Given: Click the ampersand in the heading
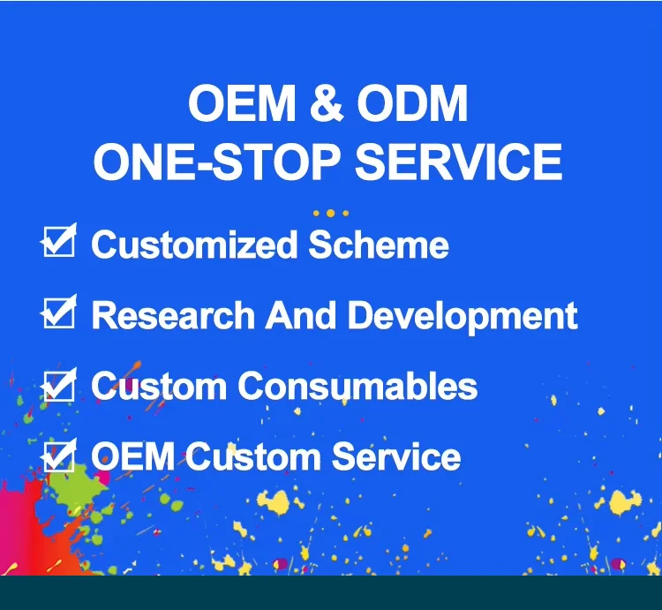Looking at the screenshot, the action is (x=327, y=102).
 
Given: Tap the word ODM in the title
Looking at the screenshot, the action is (x=412, y=102).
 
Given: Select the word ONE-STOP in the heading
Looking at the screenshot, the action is (x=216, y=162).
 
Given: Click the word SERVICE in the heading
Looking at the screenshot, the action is (x=458, y=162).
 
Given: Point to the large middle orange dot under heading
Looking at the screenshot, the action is (x=331, y=213).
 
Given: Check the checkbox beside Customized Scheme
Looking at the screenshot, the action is (x=59, y=241).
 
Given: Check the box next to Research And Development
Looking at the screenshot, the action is (x=59, y=312).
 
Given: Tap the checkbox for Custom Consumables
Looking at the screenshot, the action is (x=59, y=384).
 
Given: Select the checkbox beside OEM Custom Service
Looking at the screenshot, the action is (x=59, y=455).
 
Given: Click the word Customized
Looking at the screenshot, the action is (x=194, y=245).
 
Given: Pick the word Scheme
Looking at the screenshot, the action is (x=379, y=245).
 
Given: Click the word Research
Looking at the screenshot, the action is (x=173, y=315).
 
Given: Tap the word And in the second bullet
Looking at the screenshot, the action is (x=301, y=315).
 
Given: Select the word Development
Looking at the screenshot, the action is (x=463, y=318).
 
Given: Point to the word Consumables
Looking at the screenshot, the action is (x=357, y=386).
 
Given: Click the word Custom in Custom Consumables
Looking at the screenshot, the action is (x=159, y=386).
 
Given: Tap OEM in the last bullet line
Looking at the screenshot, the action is (x=133, y=456).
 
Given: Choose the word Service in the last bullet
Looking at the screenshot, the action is (x=396, y=456).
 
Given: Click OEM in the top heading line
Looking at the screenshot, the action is (x=242, y=102).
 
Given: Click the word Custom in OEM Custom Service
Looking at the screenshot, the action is (x=253, y=456).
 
